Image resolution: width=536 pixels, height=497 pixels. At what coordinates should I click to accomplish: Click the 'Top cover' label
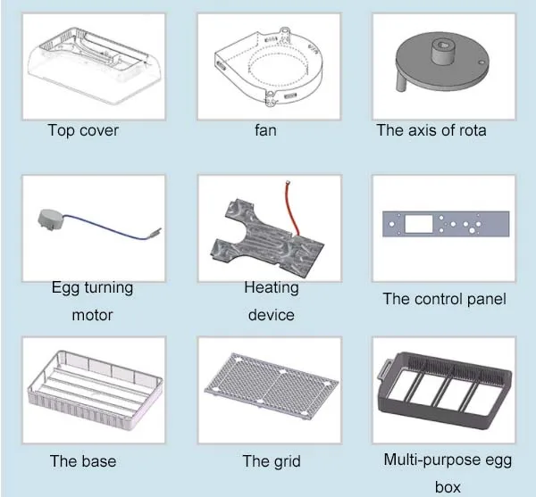(x=82, y=130)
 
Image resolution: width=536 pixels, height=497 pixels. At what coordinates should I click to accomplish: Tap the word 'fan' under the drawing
(x=265, y=130)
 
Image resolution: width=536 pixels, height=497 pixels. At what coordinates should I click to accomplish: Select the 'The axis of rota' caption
(x=431, y=130)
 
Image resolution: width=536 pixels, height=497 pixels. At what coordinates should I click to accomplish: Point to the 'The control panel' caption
(x=444, y=299)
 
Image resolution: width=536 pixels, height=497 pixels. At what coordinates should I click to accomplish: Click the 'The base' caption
(x=82, y=461)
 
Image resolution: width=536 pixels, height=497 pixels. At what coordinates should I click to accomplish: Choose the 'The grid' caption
(x=271, y=461)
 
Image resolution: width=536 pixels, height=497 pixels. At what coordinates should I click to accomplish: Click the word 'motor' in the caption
(x=92, y=315)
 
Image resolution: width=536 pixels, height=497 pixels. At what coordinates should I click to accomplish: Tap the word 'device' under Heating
(x=271, y=315)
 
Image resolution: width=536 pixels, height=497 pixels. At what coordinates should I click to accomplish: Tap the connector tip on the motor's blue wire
(x=156, y=234)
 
